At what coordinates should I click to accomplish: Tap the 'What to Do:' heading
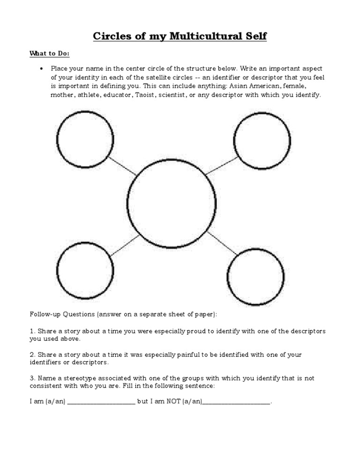49,53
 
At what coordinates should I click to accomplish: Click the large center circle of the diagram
172,203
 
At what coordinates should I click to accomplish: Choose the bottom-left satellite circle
85,271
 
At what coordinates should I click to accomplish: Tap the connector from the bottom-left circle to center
125,245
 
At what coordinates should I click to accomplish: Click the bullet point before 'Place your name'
42,68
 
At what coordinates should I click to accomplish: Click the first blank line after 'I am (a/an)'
101,402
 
